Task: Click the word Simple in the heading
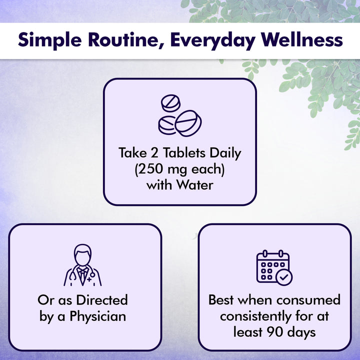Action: tap(47, 40)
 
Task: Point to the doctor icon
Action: tap(83, 265)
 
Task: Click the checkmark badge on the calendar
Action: tap(284, 277)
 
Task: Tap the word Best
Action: tap(221, 300)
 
